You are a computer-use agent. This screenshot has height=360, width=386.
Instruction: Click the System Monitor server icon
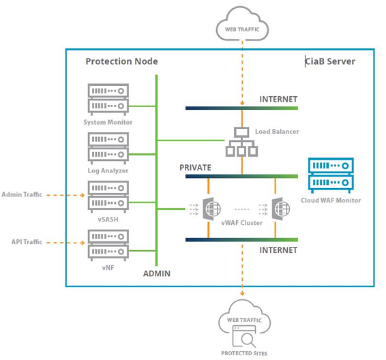(x=108, y=100)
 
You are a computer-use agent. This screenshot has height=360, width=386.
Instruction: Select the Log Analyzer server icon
(x=108, y=148)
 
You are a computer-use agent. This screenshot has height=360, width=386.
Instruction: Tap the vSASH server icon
(x=108, y=196)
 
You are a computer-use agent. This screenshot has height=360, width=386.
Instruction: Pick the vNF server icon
(x=108, y=245)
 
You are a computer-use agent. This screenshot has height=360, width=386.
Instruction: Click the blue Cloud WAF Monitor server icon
(x=331, y=175)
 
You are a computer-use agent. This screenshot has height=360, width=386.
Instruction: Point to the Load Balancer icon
(x=241, y=142)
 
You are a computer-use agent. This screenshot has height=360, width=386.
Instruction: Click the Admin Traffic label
(x=22, y=194)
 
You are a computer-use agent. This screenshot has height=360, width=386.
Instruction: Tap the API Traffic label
(x=27, y=242)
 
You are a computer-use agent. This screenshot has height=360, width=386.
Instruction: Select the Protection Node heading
(x=121, y=61)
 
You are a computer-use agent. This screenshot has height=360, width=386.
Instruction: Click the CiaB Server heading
(x=330, y=61)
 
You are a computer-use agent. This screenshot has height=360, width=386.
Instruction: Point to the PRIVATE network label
(x=195, y=168)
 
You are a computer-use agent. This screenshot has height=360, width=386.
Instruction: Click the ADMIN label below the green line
(x=157, y=273)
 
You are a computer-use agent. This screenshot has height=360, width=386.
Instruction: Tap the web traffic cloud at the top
(x=242, y=24)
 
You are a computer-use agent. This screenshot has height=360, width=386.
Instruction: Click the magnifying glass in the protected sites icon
(x=248, y=340)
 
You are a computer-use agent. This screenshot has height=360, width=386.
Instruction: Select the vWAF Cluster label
(x=241, y=223)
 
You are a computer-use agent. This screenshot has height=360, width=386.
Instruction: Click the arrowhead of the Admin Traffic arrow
(x=83, y=195)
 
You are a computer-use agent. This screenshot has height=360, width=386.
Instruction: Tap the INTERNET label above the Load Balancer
(x=278, y=99)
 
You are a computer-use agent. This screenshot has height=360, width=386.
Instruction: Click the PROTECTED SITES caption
(x=244, y=353)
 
